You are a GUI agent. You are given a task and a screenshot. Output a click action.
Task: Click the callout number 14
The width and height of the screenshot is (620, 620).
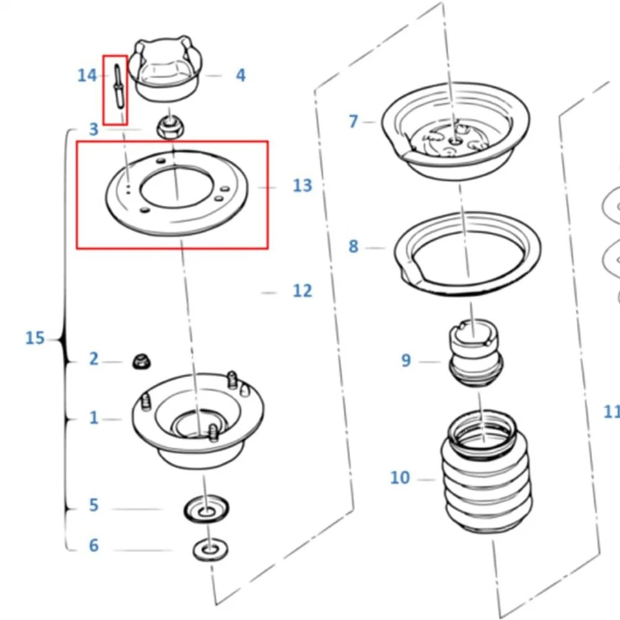coord(87,76)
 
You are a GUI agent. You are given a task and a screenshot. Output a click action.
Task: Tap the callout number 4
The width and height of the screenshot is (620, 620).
coord(240,76)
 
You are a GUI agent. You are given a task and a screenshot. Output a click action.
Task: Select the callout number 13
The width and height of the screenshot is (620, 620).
coord(302,186)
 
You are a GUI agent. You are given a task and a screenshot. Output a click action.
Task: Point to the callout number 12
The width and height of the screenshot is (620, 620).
coord(302,291)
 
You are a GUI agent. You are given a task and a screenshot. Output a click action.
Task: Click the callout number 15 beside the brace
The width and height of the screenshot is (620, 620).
coord(35,338)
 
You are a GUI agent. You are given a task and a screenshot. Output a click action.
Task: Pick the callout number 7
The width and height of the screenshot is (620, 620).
coord(353,121)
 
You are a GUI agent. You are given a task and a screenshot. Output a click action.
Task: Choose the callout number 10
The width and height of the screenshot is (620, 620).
coord(400,478)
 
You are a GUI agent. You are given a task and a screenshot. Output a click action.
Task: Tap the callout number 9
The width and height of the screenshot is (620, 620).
coord(406,360)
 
